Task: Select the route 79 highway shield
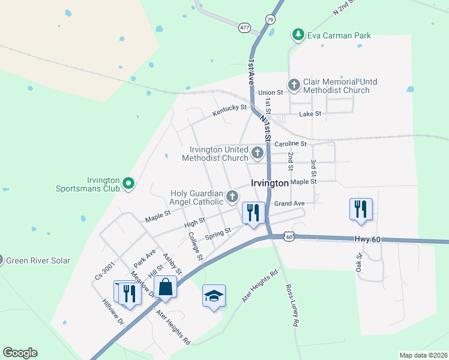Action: (x=270, y=19)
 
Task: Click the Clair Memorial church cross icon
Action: (x=294, y=85)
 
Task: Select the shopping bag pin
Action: (x=166, y=287)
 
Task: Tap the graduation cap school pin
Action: (x=214, y=296)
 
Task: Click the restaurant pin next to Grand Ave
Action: (x=253, y=212)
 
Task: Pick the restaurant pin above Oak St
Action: (x=361, y=209)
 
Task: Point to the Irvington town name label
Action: (x=270, y=184)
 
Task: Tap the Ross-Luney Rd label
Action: (x=292, y=305)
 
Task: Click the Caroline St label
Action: (x=291, y=144)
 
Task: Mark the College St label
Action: (x=195, y=247)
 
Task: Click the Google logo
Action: (x=20, y=353)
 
